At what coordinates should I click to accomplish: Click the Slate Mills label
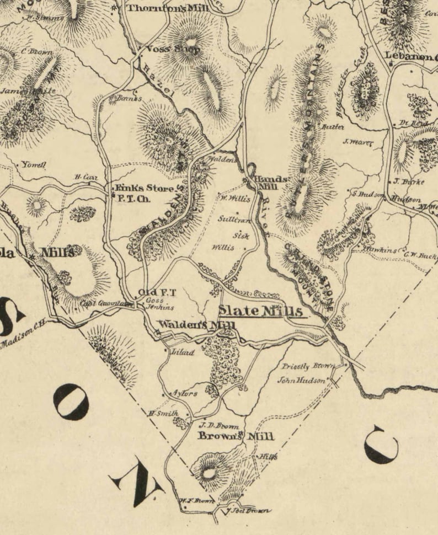pos(260,312)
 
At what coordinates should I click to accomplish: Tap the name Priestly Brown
pos(304,366)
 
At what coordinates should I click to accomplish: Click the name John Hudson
pos(302,380)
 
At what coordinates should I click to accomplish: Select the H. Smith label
pos(162,414)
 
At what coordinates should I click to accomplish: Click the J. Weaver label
pos(358,142)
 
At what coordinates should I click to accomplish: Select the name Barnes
pos(130,98)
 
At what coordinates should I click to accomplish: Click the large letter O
pos(71,402)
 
